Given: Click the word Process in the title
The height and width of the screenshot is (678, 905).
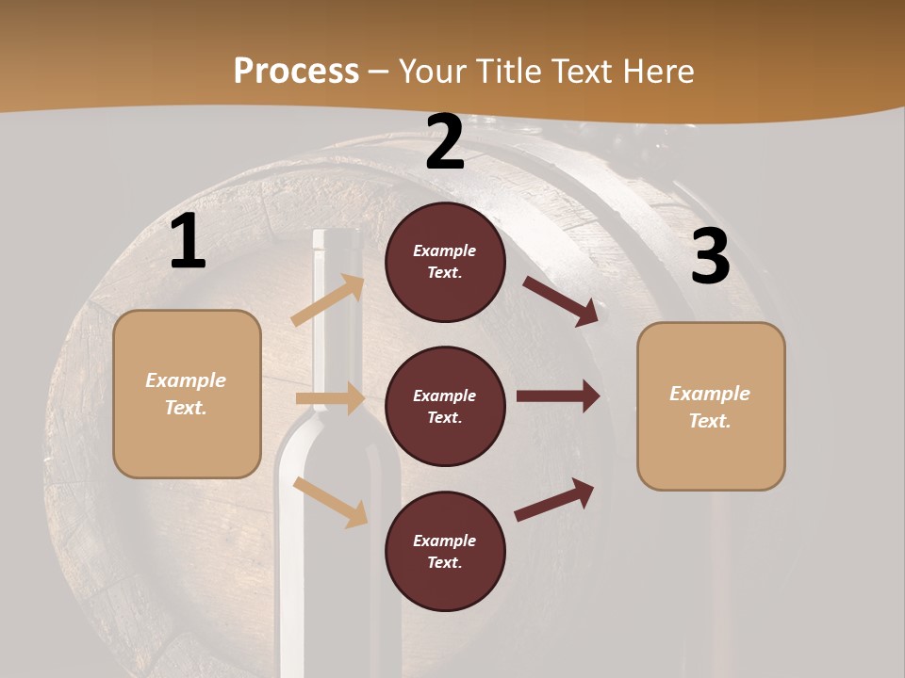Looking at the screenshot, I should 296,71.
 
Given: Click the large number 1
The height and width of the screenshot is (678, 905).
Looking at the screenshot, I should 188,243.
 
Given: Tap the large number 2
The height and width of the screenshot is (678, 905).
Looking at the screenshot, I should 445,143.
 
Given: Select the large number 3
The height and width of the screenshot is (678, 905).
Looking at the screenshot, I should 710,257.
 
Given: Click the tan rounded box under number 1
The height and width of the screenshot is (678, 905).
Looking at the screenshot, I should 187,394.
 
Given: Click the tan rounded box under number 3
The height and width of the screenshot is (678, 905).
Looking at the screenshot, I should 711,406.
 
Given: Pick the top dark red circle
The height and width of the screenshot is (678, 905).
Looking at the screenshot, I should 445,262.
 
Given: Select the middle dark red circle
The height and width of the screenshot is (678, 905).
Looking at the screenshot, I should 445,407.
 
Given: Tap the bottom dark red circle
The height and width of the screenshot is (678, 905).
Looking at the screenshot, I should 445,552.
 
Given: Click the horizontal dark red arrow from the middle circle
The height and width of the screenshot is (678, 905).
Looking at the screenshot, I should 557,396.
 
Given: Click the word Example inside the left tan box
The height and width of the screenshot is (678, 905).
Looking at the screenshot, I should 186,380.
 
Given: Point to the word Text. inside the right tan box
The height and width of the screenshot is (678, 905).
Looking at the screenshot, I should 710,421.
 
